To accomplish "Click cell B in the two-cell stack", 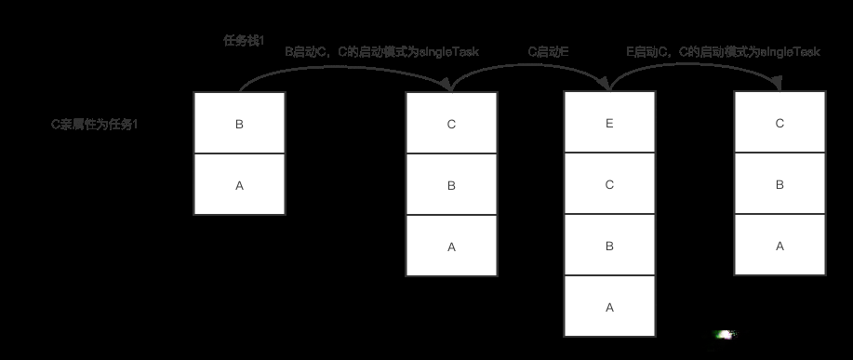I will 239,124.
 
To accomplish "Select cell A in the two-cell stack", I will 239,185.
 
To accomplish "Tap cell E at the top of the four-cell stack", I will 609,123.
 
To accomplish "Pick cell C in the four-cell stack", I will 609,184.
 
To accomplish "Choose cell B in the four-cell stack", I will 609,246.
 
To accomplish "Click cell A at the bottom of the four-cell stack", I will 609,306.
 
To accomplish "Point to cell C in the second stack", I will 451,124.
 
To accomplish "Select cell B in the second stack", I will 451,185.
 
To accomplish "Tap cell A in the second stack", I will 451,246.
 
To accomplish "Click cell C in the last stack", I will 780,123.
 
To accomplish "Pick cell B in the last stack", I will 780,184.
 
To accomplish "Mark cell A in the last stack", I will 780,246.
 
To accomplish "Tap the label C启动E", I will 549,52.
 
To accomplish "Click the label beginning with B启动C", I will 381,52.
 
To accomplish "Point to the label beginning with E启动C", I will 723,52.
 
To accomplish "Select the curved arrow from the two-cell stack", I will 344,67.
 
